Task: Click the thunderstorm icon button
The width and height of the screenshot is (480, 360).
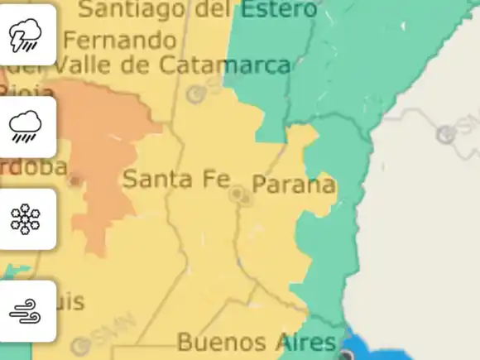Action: [26, 35]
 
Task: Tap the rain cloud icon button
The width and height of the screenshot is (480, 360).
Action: [26, 127]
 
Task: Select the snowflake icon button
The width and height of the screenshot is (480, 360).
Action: [26, 218]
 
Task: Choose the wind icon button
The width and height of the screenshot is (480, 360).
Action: [26, 311]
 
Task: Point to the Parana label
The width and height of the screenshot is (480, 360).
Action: [294, 185]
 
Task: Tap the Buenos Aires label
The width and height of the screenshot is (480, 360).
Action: [257, 342]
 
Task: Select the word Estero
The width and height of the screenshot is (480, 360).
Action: [276, 10]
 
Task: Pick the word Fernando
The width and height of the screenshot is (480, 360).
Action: [120, 40]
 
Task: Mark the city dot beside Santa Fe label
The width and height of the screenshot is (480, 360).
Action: [238, 194]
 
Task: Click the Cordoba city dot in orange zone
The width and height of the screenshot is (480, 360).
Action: [75, 180]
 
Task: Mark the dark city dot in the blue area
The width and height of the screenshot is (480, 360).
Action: [346, 355]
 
